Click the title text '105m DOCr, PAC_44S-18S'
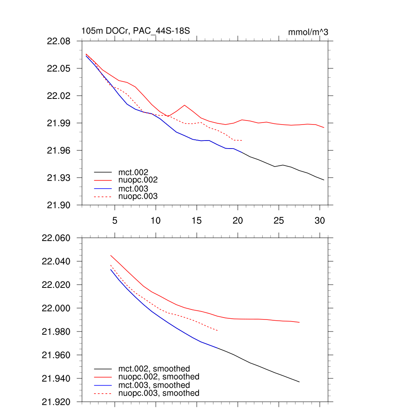(135, 31)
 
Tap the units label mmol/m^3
(308, 32)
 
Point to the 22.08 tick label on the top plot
(59, 41)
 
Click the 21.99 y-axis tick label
(59, 123)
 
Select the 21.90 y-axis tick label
(59, 205)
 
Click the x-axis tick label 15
(197, 220)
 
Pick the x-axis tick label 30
(320, 220)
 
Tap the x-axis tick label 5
(115, 220)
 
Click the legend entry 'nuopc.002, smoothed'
(159, 377)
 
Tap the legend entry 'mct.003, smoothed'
(154, 385)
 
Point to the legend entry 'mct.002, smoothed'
(154, 368)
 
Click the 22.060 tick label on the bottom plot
(56, 238)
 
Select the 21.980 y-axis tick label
(56, 332)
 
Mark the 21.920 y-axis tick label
(56, 402)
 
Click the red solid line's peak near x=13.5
(185, 105)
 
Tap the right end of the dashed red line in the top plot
(242, 141)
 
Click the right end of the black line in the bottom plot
(299, 382)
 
